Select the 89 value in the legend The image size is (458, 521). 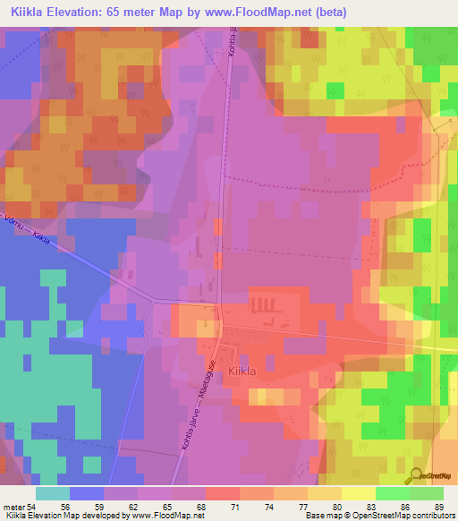coord(438,508)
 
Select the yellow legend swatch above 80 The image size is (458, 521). coord(324,493)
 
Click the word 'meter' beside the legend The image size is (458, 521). coord(14,508)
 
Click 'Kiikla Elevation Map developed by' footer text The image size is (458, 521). coord(63,517)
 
